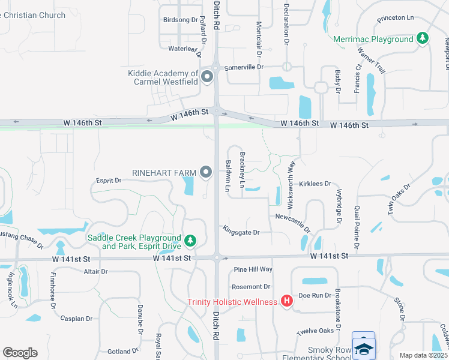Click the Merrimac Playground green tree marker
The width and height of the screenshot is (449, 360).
click(423, 38)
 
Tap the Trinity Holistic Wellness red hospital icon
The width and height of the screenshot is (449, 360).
click(287, 301)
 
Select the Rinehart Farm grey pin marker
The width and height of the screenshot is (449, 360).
click(206, 173)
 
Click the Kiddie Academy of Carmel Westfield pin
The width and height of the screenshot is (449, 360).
click(208, 77)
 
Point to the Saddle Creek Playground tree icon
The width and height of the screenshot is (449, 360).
click(190, 241)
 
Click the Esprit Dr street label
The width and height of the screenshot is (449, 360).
click(109, 180)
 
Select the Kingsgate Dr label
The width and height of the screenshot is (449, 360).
click(241, 232)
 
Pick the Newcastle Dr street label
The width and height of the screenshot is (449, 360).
click(293, 222)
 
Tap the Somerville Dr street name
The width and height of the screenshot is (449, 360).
click(244, 68)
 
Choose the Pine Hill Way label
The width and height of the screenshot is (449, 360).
click(253, 270)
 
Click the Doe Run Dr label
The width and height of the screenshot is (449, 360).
click(315, 295)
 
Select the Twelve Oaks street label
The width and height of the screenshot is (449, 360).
click(315, 332)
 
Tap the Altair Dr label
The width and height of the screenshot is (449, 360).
click(96, 272)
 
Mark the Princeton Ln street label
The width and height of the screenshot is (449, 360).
click(396, 19)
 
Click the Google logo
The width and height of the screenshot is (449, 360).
click(20, 353)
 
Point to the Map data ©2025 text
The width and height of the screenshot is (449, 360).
click(423, 355)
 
